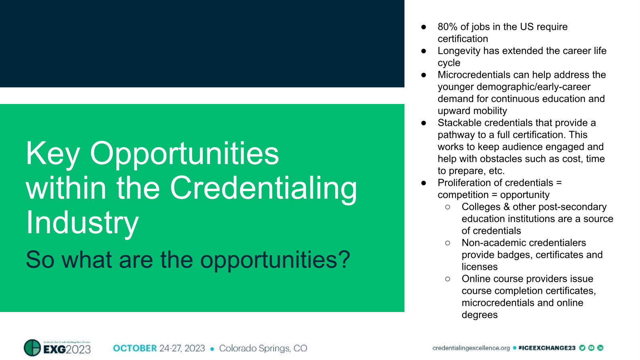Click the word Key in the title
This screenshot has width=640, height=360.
[53, 154]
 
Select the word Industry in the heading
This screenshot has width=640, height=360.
[82, 223]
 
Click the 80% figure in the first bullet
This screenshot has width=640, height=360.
[447, 27]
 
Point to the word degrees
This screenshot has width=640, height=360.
[480, 315]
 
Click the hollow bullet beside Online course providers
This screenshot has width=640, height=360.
[448, 279]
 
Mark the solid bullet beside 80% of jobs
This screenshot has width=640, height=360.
[424, 27]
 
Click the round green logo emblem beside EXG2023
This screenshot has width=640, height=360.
[32, 348]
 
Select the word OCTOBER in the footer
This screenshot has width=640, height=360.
[135, 348]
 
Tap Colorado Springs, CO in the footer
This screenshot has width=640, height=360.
[263, 348]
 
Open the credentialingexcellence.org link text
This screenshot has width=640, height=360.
[471, 348]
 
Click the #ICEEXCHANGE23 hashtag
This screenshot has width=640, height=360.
[546, 348]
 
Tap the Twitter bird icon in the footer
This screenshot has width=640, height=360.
[582, 348]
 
